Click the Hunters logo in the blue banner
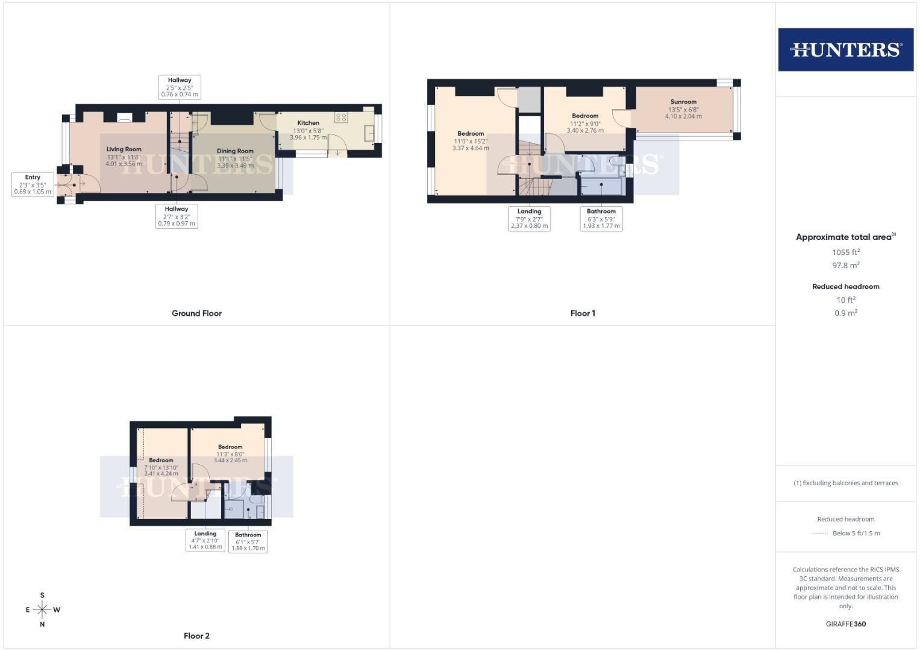pyautogui.click(x=846, y=49)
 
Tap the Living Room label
pyautogui.click(x=124, y=149)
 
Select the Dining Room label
pyautogui.click(x=235, y=151)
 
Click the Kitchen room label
pyautogui.click(x=308, y=122)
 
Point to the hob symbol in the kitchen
pyautogui.click(x=341, y=118)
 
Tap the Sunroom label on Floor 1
pyautogui.click(x=683, y=101)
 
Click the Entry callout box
pyautogui.click(x=33, y=184)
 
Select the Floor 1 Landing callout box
pyautogui.click(x=529, y=219)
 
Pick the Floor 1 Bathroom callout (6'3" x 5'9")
pyautogui.click(x=601, y=219)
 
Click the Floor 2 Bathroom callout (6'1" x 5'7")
pyautogui.click(x=248, y=541)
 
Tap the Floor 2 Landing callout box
pyautogui.click(x=205, y=540)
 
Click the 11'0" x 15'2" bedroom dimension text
pyautogui.click(x=471, y=141)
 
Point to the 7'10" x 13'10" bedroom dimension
pyautogui.click(x=161, y=467)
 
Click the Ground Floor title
pyautogui.click(x=196, y=313)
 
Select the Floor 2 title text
pyautogui.click(x=196, y=636)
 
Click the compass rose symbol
pyautogui.click(x=42, y=609)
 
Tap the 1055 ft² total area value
pyautogui.click(x=846, y=252)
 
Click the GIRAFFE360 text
pyautogui.click(x=846, y=624)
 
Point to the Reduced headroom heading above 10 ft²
pyautogui.click(x=846, y=286)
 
